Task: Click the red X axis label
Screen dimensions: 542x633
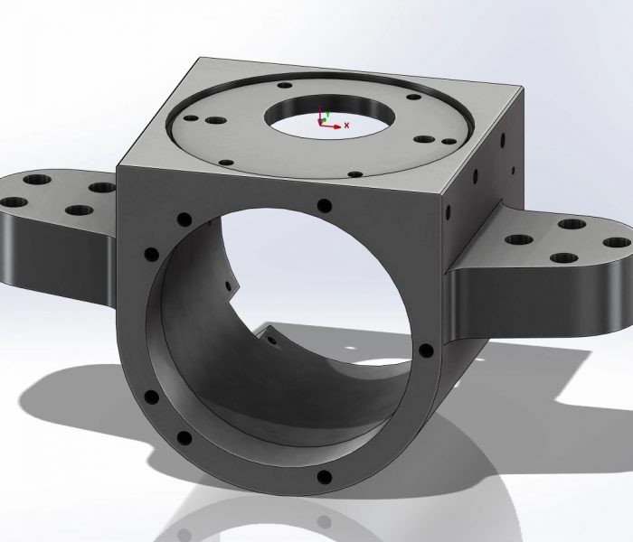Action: click(x=347, y=126)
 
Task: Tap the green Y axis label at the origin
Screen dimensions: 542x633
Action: click(x=327, y=114)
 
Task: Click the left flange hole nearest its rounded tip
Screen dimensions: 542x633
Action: click(x=14, y=201)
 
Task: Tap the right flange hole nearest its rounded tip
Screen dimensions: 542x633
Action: click(x=616, y=242)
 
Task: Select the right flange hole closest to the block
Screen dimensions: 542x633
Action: click(x=520, y=240)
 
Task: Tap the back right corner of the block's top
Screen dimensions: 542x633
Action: click(x=522, y=88)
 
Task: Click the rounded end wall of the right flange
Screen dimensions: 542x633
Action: click(x=624, y=289)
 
